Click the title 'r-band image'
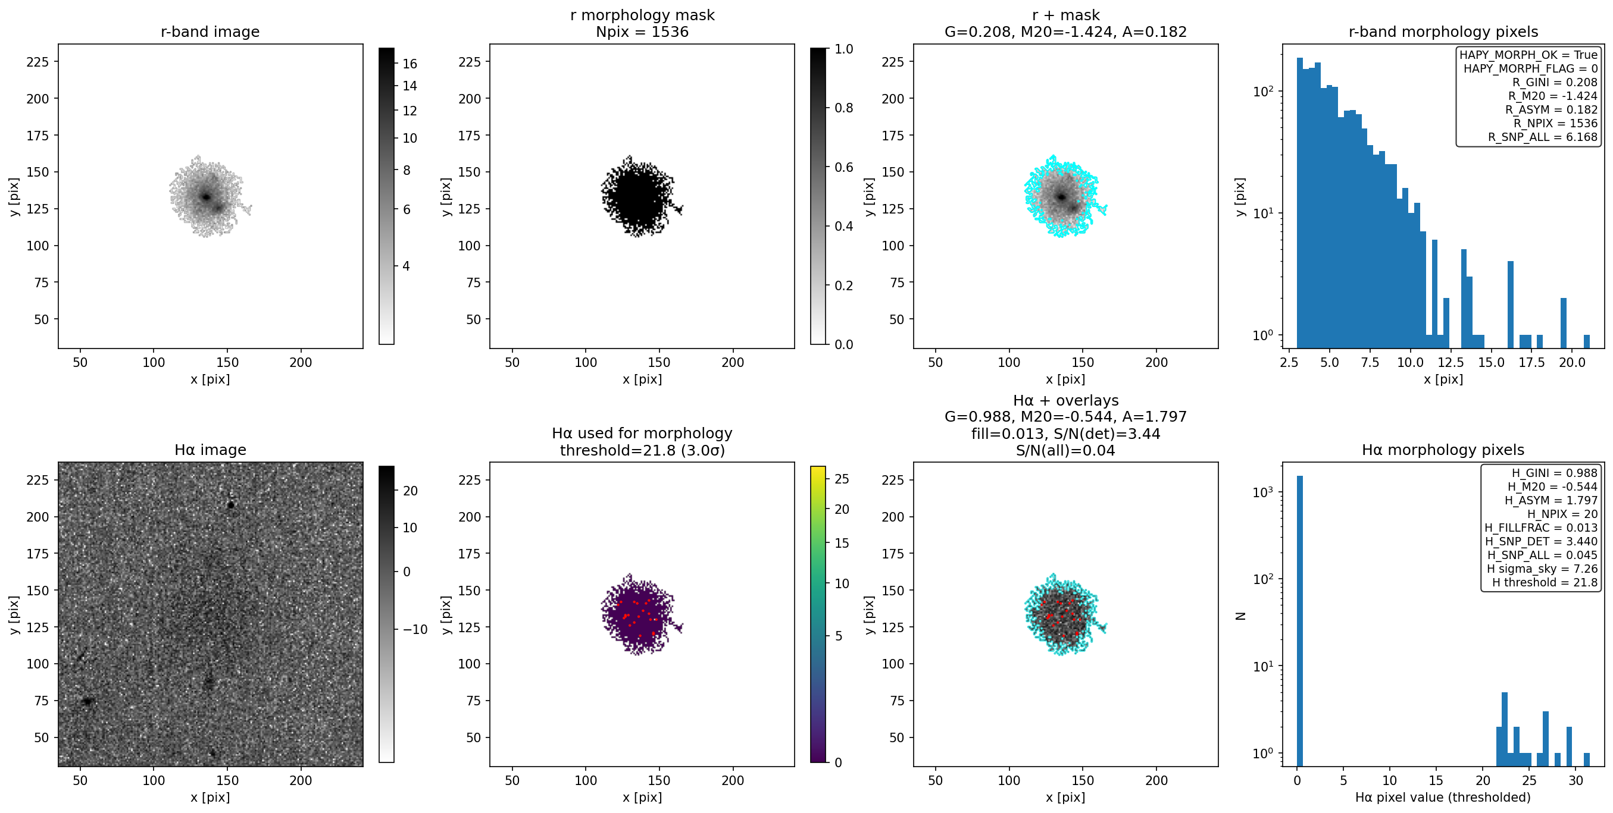pyautogui.click(x=210, y=32)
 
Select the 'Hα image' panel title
pyautogui.click(x=210, y=450)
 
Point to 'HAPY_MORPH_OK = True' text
pyautogui.click(x=1528, y=55)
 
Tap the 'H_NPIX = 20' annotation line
pyautogui.click(x=1562, y=514)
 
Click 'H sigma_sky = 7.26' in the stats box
pyautogui.click(x=1542, y=569)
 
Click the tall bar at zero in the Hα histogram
pyautogui.click(x=1299, y=620)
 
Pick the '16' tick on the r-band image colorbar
pyautogui.click(x=410, y=64)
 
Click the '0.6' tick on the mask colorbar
pyautogui.click(x=843, y=167)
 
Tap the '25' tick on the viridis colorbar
pyautogui.click(x=842, y=479)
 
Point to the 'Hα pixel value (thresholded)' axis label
pyautogui.click(x=1443, y=798)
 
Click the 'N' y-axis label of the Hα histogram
pyautogui.click(x=1240, y=616)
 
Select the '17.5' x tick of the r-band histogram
pyautogui.click(x=1531, y=362)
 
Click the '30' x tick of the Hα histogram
pyautogui.click(x=1576, y=780)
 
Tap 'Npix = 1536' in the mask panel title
pyautogui.click(x=642, y=32)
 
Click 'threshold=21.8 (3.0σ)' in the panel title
pyautogui.click(x=642, y=451)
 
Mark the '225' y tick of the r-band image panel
pyautogui.click(x=37, y=62)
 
